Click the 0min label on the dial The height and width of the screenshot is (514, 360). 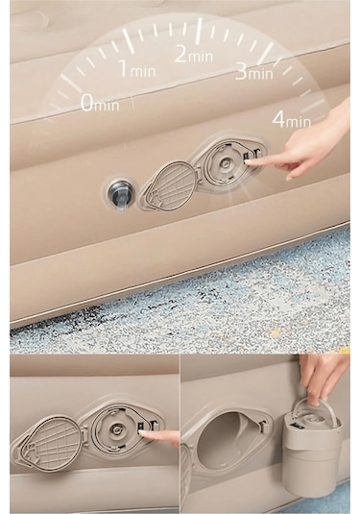click(x=99, y=103)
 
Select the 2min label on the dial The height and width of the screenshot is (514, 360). click(x=194, y=54)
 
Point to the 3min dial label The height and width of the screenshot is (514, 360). click(x=253, y=70)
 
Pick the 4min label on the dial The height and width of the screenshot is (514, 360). click(x=292, y=119)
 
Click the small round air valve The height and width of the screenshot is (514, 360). click(x=119, y=193)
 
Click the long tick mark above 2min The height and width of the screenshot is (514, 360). click(x=198, y=29)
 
